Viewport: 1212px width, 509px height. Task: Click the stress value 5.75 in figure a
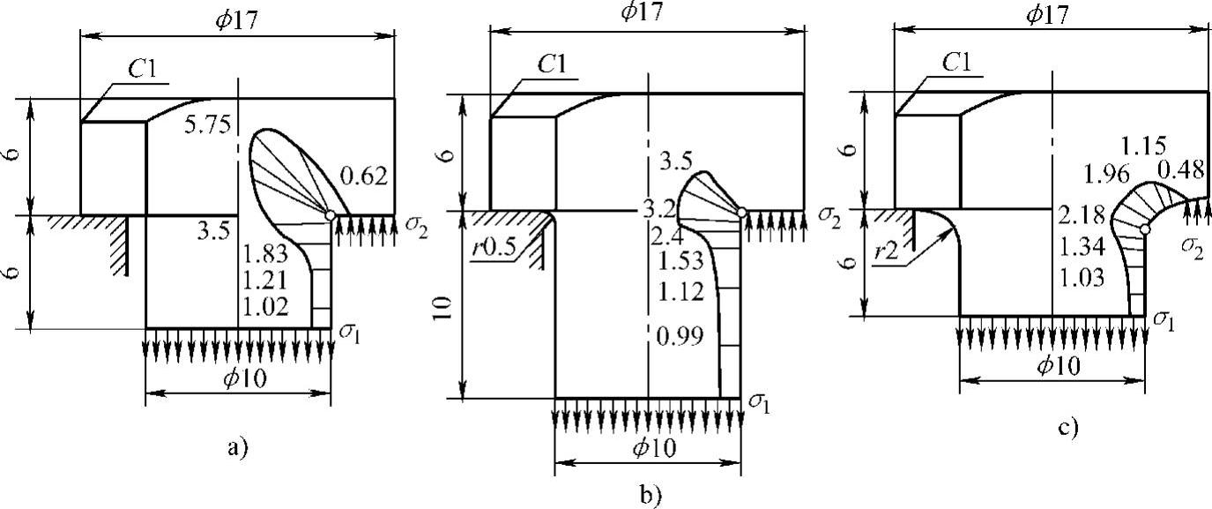tap(207, 124)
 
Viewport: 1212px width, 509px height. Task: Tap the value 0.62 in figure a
tap(363, 176)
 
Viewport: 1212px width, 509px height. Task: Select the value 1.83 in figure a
tap(265, 254)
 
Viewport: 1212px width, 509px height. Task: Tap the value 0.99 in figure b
tap(680, 337)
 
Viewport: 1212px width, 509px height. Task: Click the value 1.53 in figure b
tap(680, 260)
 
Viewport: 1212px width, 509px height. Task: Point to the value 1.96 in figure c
tap(1107, 175)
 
